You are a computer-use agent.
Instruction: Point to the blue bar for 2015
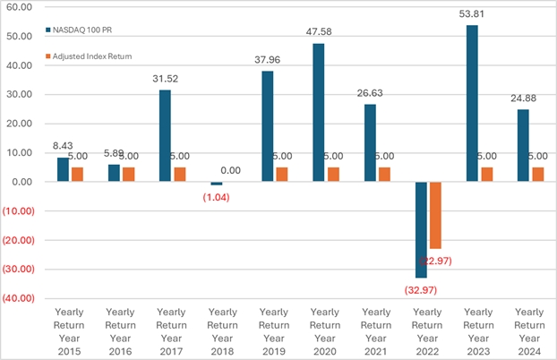(x=62, y=169)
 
